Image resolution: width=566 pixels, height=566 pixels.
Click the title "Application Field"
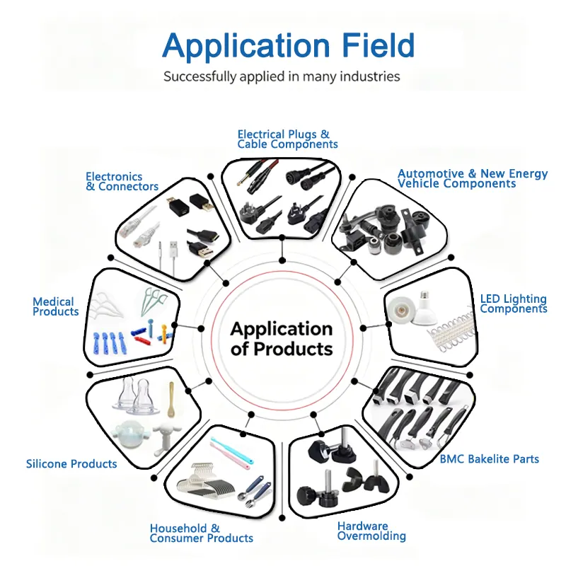pos(288,47)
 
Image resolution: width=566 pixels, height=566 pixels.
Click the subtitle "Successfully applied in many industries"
pos(282,76)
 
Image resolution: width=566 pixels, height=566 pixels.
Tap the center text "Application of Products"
pos(282,339)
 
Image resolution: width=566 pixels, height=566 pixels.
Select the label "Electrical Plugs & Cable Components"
pos(287,139)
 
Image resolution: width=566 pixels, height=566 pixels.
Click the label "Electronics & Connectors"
pos(122,182)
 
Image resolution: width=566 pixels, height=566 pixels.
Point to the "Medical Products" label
pos(56,306)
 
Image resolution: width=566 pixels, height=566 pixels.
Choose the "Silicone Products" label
pos(71,464)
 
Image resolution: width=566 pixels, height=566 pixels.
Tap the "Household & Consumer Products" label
pos(202,533)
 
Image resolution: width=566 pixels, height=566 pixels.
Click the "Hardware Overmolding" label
pos(371,531)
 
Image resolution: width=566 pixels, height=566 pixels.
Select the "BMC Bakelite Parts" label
pos(489,459)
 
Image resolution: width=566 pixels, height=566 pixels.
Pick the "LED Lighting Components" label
pos(514,304)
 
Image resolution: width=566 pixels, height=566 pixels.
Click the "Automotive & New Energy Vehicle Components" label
pos(473,178)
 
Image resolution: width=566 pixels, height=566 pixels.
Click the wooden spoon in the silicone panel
pos(171,400)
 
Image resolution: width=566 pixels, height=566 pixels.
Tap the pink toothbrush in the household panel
pos(229,456)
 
